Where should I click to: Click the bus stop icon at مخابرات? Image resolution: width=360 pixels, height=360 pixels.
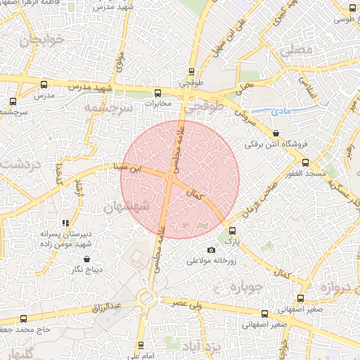157,92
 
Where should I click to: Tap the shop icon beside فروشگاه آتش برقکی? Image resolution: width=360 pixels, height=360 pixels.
275,133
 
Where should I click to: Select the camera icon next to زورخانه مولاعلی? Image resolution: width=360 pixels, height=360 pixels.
211,250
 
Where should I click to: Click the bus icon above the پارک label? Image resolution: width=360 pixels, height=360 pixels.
233,230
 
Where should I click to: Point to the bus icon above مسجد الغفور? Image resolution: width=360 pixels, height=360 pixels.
304,162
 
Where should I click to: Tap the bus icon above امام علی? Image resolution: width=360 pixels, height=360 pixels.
141,345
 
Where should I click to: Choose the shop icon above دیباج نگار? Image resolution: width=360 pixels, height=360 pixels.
86,258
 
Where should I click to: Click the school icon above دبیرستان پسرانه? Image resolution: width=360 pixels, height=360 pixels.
66,223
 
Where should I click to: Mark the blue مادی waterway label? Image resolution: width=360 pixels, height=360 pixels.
280,112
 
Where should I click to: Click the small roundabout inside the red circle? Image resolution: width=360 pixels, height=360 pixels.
171,178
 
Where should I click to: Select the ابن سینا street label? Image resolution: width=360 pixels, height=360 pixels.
129,168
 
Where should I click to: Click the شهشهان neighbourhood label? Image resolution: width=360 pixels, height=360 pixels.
127,207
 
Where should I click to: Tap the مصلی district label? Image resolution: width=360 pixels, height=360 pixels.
295,51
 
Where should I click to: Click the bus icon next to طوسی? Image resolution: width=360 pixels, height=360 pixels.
352,8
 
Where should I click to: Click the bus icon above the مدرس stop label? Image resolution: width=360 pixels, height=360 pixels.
44,84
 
